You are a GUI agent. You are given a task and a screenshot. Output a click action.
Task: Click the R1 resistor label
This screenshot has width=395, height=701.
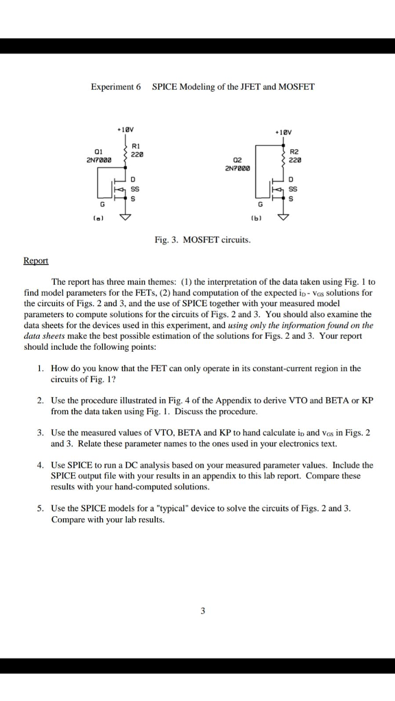pos(134,146)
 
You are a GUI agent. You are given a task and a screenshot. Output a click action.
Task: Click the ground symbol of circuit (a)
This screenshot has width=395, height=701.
pos(125,218)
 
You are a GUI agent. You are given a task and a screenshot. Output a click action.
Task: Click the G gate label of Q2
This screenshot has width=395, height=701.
pos(259,204)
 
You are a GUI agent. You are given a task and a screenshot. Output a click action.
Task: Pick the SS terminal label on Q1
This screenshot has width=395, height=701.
pos(135,188)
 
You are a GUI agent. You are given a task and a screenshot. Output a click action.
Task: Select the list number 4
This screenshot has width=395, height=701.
pos(41,465)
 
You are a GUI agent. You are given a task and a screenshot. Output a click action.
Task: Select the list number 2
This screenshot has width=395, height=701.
pos(41,400)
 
